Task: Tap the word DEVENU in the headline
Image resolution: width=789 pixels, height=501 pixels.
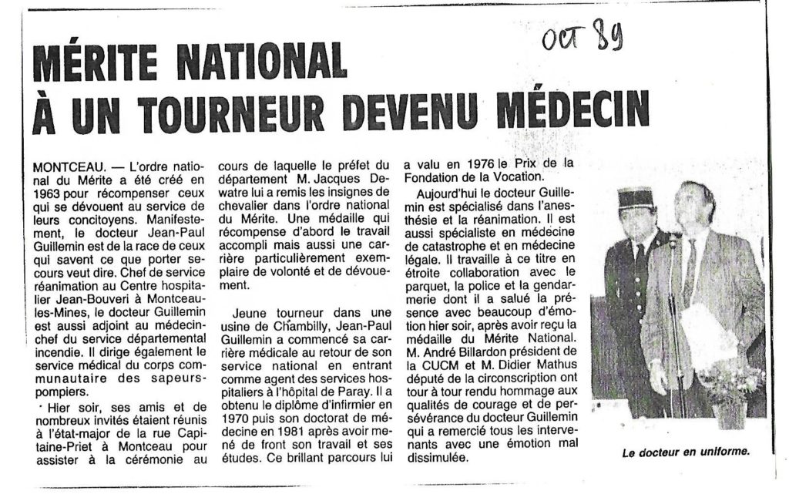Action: [411, 113]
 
